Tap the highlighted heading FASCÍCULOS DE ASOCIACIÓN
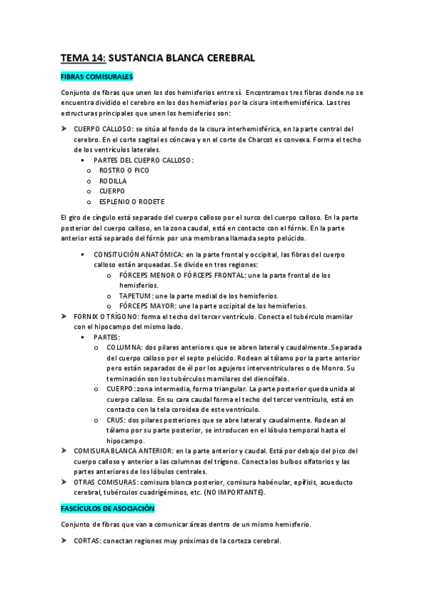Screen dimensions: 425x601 pos(107,509)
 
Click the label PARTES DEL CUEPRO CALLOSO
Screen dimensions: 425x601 pos(143,160)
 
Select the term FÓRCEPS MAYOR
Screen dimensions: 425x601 pos(145,305)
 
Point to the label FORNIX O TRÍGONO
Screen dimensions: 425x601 pos(106,316)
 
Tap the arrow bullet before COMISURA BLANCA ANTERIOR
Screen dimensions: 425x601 pos(64,451)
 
